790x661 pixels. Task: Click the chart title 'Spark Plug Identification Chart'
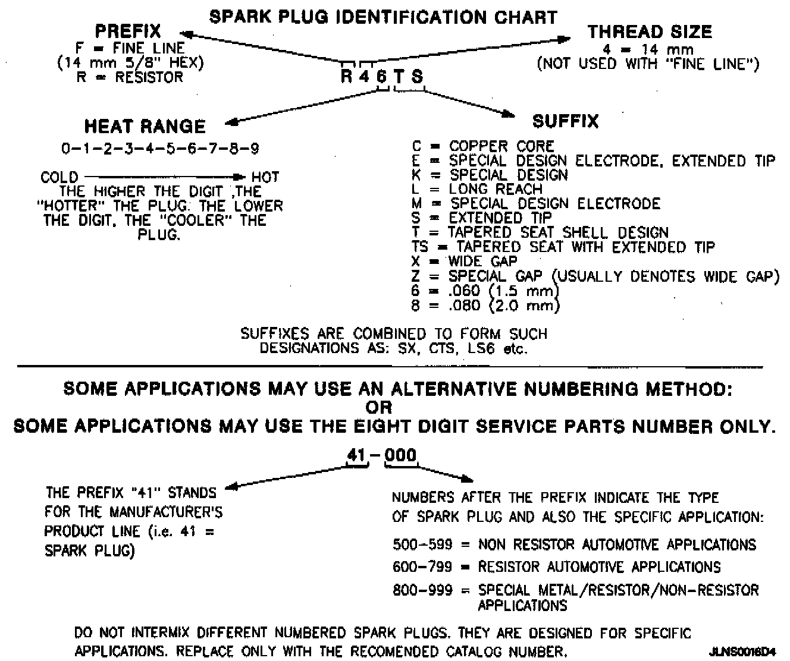(x=384, y=17)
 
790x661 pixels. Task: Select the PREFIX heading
(x=128, y=31)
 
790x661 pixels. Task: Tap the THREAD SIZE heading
(x=649, y=32)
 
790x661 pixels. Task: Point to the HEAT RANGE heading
(x=145, y=126)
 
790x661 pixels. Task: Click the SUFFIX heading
(x=565, y=121)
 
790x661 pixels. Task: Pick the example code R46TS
(x=382, y=77)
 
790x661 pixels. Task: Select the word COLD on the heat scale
(x=59, y=177)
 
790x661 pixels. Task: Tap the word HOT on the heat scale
(x=265, y=177)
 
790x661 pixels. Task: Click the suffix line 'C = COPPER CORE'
(x=482, y=146)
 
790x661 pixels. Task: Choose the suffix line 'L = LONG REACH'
(x=476, y=189)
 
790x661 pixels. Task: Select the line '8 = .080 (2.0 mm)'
(x=485, y=306)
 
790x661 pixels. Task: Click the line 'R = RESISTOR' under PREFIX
(x=130, y=77)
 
